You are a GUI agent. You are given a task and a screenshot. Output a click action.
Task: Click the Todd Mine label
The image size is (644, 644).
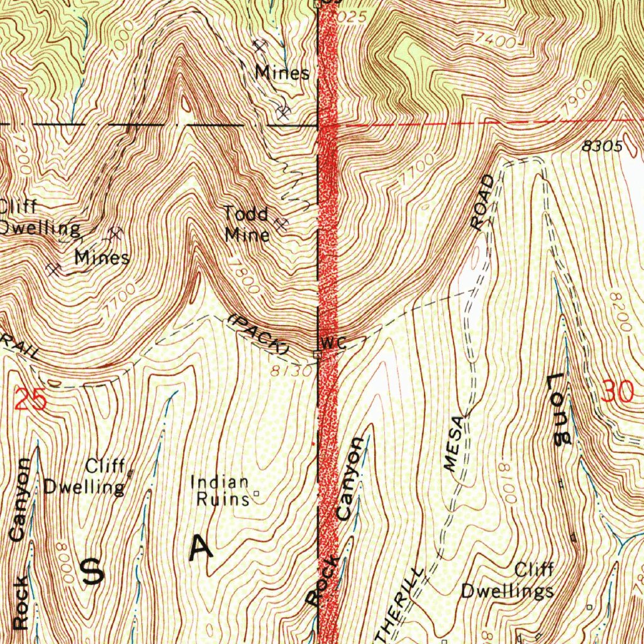click(247, 225)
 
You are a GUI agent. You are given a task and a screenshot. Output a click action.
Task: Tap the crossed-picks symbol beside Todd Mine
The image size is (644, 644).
click(280, 223)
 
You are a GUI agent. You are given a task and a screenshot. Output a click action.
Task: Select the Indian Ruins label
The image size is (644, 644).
click(220, 491)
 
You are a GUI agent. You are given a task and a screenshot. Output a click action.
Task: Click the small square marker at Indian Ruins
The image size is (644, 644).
click(256, 494)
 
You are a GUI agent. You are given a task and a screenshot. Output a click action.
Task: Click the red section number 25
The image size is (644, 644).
click(30, 400)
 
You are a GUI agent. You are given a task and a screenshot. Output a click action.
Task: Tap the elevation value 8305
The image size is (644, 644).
click(602, 147)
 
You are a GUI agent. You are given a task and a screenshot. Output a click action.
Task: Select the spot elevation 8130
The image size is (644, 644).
click(291, 372)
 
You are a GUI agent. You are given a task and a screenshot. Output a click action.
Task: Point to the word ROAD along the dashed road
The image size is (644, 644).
click(486, 203)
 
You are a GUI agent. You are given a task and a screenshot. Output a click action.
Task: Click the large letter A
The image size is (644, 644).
click(201, 548)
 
